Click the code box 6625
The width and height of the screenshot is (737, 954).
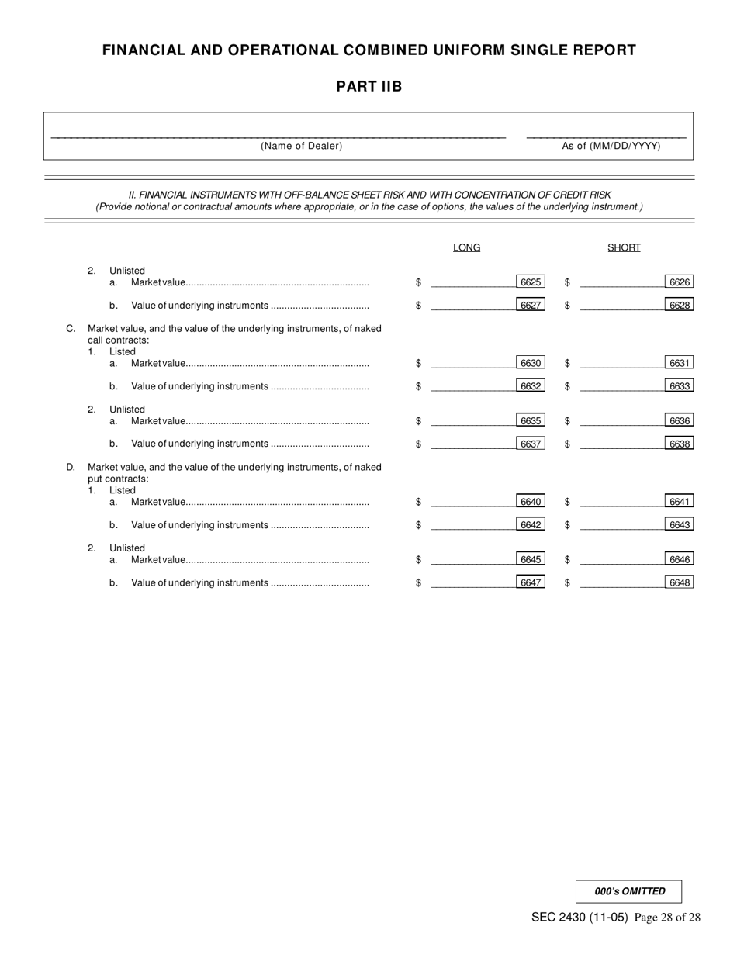531,282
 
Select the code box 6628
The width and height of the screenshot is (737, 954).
679,306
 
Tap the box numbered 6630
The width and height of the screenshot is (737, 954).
531,363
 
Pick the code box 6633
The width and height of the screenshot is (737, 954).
679,386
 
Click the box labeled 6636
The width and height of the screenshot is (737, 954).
679,421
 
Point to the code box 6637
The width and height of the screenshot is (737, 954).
531,444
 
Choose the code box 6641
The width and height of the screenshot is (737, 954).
679,502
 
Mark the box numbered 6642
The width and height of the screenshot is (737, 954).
531,525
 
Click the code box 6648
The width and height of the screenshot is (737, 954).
679,582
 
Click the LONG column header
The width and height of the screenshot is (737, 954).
466,247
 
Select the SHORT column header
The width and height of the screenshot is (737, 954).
624,247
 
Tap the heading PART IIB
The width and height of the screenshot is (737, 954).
368,86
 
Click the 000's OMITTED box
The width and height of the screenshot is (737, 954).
629,891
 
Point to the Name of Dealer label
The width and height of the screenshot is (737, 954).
301,146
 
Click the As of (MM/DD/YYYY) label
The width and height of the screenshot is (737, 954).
611,146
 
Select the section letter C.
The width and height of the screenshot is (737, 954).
71,329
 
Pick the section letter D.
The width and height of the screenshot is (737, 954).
71,467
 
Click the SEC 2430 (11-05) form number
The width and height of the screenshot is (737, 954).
580,918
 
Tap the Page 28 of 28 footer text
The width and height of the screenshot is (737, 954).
667,918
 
